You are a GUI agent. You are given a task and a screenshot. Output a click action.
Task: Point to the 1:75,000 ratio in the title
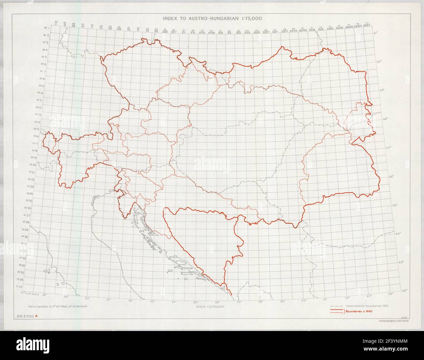pos(252,18)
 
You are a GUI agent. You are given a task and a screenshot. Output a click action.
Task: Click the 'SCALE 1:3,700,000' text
pos(210,307)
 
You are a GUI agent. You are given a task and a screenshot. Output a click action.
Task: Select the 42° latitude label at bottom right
pos(405,290)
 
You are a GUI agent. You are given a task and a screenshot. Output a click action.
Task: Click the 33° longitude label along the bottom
pos(152,301)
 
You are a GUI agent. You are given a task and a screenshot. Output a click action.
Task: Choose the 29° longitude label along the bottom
pos(66,296)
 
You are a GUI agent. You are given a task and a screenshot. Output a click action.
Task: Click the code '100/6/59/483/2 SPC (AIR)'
pos(388,322)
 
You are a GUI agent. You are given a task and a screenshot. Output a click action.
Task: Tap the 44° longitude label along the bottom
pos(391,294)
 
